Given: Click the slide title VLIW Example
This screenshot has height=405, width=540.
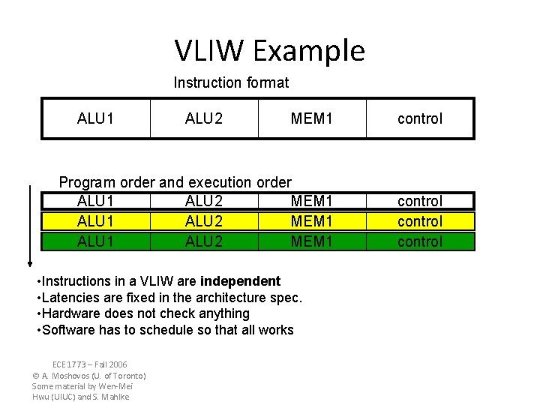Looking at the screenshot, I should pos(270,51).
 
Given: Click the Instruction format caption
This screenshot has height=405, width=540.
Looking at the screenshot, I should pos(231,82).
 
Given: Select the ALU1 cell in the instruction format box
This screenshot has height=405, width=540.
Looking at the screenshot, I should pos(95,118).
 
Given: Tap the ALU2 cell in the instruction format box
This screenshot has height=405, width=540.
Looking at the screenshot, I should pos(204,118).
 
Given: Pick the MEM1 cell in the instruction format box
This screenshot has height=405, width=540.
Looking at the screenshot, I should pos(312,118).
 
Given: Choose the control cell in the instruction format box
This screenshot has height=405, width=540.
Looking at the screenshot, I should pos(420,118).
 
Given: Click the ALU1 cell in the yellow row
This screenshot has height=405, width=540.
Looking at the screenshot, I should pos(95,221).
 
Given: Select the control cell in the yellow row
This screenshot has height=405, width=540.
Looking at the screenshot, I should pos(420,221).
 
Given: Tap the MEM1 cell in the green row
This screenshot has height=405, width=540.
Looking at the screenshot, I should pos(312,241).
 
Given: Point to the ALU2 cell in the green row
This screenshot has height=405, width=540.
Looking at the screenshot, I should pos(204,241).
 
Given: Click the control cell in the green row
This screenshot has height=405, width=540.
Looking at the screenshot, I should pos(420,241).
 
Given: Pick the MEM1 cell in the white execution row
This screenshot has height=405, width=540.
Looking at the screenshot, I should pos(312,201).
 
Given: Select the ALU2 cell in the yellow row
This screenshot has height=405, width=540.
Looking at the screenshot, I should pos(204,221).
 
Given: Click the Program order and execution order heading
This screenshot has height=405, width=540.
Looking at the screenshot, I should pos(175,182).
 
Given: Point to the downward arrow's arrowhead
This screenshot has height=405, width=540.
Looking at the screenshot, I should pos(29,262).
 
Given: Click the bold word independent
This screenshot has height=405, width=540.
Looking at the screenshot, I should pos(240,281).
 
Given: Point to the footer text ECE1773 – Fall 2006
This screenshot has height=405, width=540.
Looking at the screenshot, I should pos(90,364).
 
